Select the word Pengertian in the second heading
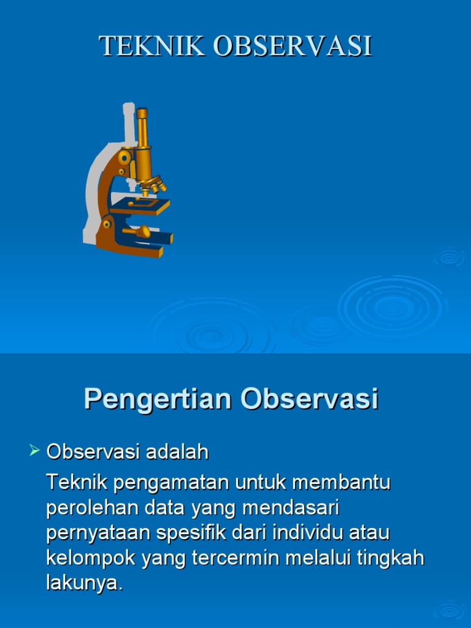(x=159, y=399)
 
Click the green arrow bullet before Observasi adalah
(x=34, y=452)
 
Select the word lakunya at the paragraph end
(x=84, y=583)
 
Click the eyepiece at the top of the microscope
(x=142, y=114)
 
